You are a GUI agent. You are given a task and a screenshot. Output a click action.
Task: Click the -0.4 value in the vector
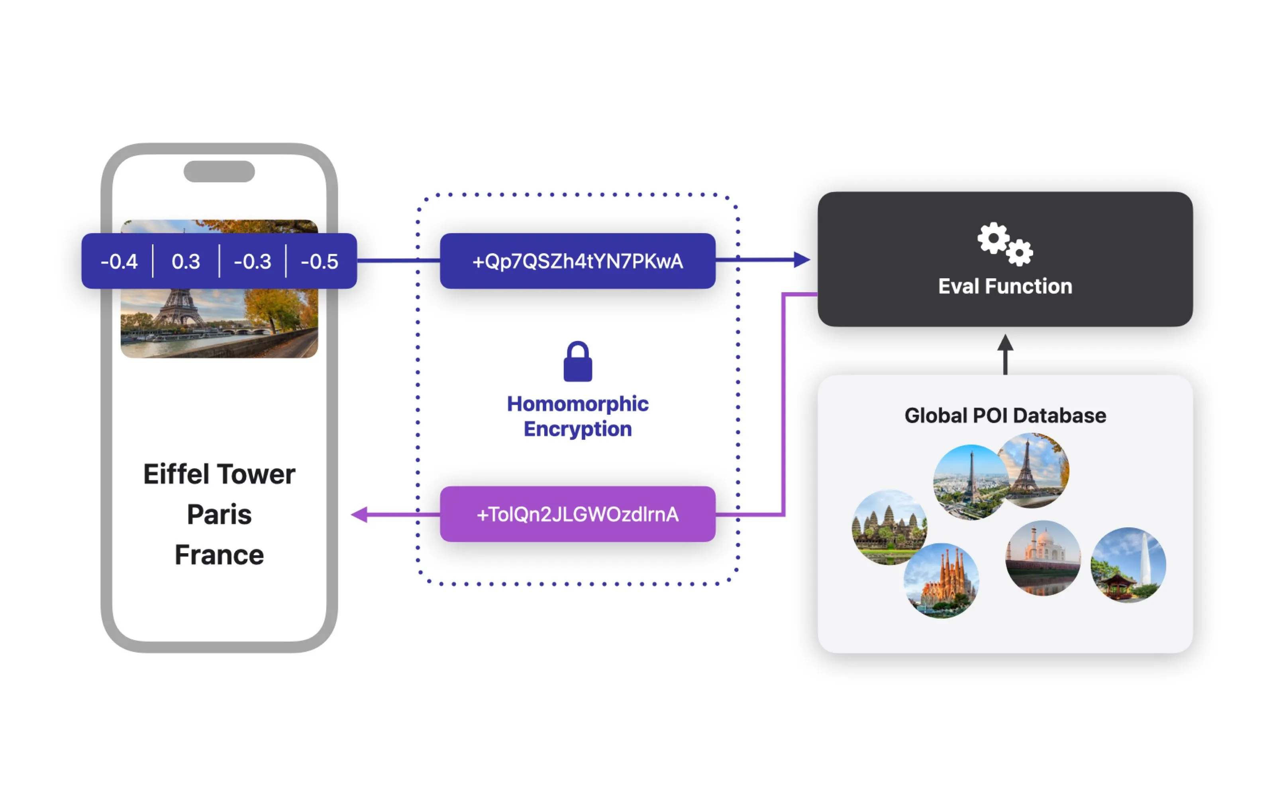click(119, 261)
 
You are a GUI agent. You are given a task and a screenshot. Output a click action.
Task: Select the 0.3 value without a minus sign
click(186, 261)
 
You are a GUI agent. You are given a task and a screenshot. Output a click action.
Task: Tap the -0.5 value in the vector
click(319, 261)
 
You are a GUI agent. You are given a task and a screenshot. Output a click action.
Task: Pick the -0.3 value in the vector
click(252, 261)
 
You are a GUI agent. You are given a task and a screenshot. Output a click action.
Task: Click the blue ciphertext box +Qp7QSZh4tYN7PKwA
click(577, 261)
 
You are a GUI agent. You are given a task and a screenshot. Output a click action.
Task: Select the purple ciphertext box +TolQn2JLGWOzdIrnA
click(577, 514)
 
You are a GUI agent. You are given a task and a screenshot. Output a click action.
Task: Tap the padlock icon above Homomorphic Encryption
click(577, 362)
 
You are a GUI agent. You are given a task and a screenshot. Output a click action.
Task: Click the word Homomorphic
click(577, 404)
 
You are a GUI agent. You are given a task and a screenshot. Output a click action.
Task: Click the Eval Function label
click(1005, 287)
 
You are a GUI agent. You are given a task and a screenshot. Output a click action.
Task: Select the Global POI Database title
click(1005, 416)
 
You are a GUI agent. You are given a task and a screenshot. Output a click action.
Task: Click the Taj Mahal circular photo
click(1043, 558)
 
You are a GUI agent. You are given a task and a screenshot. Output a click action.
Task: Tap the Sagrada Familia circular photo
click(942, 581)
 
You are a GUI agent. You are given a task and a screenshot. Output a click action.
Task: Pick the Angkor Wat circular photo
click(889, 527)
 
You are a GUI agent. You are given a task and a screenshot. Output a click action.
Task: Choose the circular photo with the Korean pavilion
click(1128, 565)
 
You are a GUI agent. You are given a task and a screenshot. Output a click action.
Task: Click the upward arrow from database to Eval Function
click(1005, 354)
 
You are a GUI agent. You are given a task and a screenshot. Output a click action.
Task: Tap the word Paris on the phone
click(219, 514)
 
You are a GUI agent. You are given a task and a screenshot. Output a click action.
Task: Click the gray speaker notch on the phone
click(219, 172)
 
